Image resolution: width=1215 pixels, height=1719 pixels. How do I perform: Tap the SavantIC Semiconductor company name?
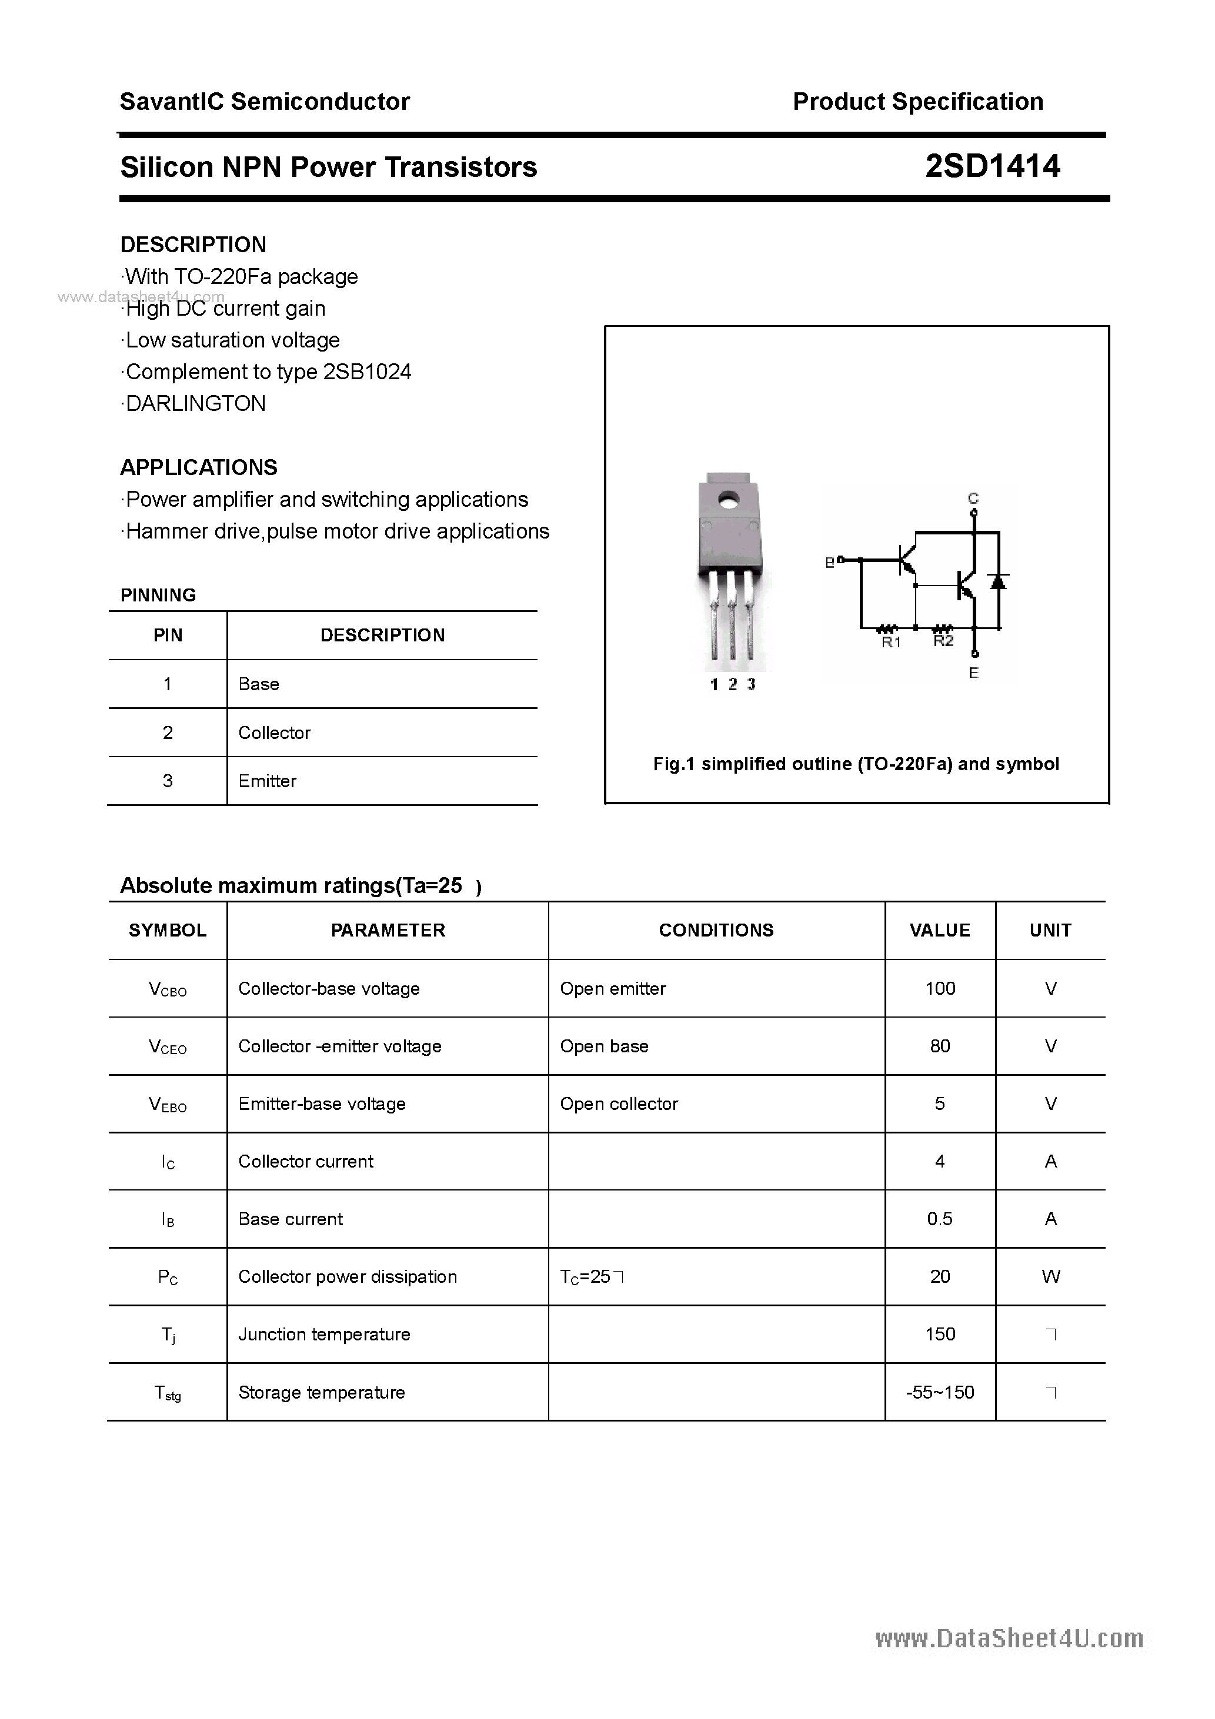pos(265,102)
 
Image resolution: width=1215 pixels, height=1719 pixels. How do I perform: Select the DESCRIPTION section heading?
pos(193,245)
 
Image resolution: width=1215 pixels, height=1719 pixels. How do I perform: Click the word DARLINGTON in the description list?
pos(195,403)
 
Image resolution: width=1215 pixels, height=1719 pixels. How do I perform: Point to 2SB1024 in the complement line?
pos(367,372)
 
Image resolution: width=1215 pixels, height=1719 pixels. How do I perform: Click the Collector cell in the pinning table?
pos(274,733)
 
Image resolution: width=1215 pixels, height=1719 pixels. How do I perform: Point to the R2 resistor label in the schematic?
pos(943,641)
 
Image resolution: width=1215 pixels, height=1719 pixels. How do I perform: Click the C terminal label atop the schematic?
pos(973,498)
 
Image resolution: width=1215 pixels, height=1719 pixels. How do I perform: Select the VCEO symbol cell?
pos(168,1046)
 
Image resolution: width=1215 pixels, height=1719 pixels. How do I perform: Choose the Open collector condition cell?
pos(619,1104)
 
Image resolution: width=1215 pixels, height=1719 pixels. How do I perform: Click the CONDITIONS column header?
pos(716,931)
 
